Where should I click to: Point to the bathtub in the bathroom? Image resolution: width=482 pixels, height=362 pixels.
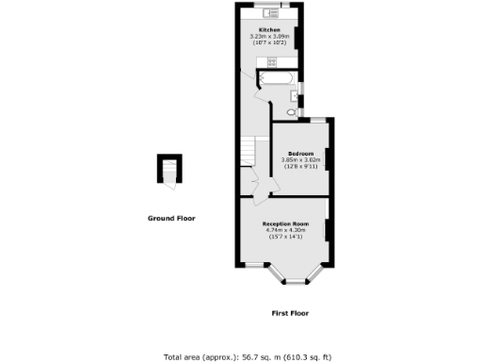[x=276, y=82]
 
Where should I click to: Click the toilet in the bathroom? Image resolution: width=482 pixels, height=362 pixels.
[x=291, y=111]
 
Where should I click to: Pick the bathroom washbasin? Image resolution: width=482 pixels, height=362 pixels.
[x=296, y=95]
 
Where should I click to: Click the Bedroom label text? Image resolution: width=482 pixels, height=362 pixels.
[x=301, y=153]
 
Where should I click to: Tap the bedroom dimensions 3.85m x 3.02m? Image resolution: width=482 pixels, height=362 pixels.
[x=301, y=159]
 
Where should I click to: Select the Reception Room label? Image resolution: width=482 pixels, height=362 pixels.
[x=284, y=223]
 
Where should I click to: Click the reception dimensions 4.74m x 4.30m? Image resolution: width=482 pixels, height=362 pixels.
[x=284, y=230]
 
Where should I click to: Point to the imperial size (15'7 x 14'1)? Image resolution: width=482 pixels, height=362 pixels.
[x=284, y=237]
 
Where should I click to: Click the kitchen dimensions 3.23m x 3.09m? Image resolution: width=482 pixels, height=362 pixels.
[x=270, y=37]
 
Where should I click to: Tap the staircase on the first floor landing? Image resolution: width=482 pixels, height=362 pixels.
[x=249, y=151]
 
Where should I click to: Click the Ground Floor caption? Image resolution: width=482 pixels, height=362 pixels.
[x=171, y=218]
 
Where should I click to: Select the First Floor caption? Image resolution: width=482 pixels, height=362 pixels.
[x=290, y=313]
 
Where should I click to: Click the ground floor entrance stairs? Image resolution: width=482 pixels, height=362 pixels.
[x=169, y=172]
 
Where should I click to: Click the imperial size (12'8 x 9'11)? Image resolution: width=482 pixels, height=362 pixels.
[x=301, y=166]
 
